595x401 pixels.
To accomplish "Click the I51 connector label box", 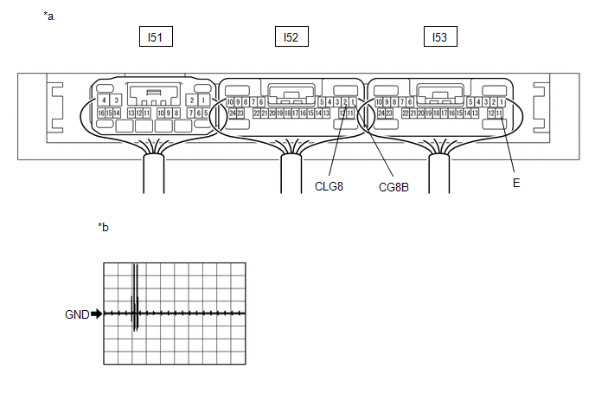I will click(155, 37).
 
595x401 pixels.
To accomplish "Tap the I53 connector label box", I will click(439, 37).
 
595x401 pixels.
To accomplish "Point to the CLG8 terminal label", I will click(329, 184).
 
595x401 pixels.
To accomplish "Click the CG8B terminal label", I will click(393, 185).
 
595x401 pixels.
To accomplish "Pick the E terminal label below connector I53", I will click(516, 184).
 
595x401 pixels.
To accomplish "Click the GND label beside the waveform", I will click(77, 314).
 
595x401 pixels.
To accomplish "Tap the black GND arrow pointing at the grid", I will click(96, 314).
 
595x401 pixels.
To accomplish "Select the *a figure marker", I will click(48, 16).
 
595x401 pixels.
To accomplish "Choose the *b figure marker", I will click(104, 228).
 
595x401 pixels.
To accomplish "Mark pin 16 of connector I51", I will click(100, 113).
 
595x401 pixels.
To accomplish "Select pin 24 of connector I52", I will click(231, 113).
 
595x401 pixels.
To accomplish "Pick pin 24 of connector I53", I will click(380, 113).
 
